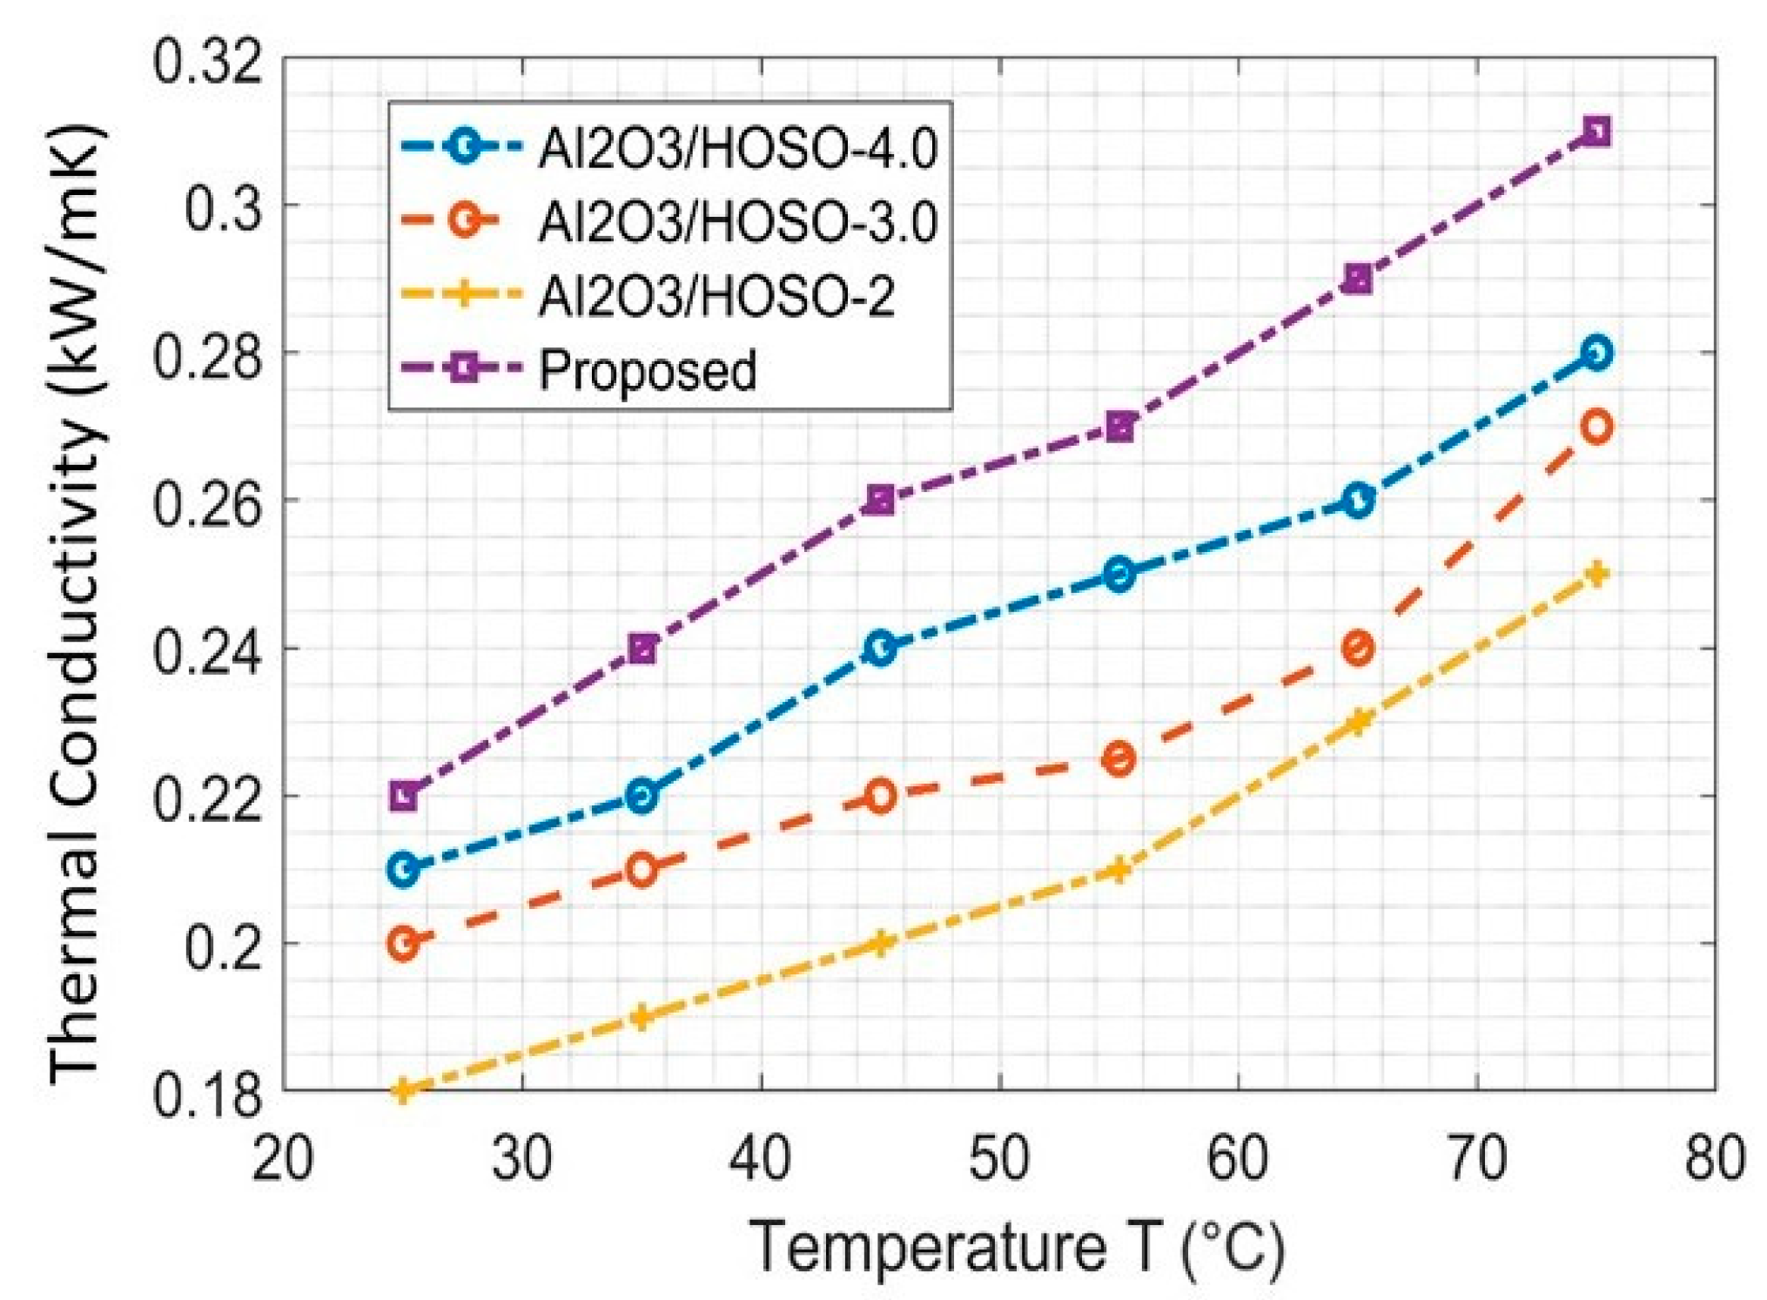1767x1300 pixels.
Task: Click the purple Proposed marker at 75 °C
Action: point(1596,132)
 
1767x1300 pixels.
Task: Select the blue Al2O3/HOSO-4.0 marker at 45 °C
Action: point(880,648)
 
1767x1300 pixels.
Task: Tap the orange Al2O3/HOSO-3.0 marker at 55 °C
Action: point(1119,758)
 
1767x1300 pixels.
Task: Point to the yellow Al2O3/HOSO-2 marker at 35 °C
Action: point(642,1016)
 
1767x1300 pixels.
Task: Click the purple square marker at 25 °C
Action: point(403,795)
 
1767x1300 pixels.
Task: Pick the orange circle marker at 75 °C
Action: point(1596,427)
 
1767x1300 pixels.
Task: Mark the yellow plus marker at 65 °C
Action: point(1358,721)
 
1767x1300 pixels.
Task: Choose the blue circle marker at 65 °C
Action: point(1358,501)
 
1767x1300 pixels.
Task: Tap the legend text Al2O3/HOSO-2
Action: point(716,296)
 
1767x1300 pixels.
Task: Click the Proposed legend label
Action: point(648,370)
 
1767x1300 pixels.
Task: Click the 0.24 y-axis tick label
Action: point(207,650)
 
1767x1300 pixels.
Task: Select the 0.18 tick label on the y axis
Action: point(207,1094)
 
